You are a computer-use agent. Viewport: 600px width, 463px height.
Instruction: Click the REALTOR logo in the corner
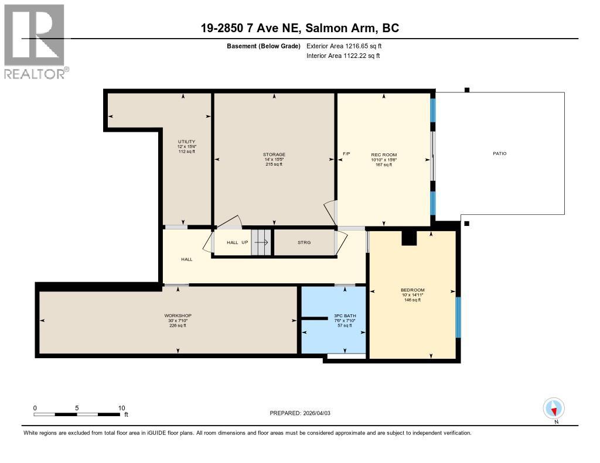35,41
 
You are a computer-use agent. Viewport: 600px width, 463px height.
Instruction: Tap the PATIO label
499,153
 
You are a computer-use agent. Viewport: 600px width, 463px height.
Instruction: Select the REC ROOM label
383,155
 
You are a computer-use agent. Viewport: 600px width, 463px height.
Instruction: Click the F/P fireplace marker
346,154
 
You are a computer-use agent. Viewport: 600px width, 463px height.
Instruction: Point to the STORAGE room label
274,155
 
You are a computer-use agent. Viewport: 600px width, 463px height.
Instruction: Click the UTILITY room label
186,142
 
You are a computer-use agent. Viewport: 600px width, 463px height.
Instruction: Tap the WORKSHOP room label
178,315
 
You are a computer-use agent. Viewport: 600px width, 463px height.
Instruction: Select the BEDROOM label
412,290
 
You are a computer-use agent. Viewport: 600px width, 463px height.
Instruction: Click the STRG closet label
304,242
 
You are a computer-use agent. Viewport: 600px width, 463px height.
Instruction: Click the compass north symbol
554,408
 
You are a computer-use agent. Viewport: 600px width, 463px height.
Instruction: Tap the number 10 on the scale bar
121,408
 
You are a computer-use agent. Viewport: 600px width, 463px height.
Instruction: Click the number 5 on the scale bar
77,408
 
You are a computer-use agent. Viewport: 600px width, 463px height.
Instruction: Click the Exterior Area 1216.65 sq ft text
344,46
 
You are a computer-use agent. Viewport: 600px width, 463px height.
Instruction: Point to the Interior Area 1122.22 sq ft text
343,56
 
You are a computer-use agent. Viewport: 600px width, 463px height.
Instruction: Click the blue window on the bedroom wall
458,317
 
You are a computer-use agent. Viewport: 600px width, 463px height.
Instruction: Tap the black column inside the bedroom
408,237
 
